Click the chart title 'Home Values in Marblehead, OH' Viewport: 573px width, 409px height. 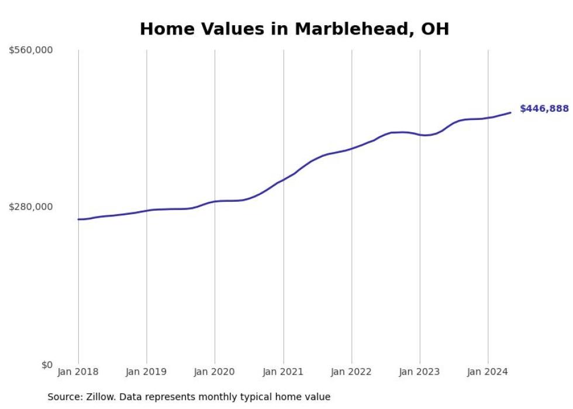click(294, 29)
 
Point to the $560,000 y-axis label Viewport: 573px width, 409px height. click(31, 50)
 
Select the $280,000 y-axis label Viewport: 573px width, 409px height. click(31, 207)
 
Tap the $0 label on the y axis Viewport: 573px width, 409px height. click(47, 365)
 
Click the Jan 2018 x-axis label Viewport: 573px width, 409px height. click(78, 372)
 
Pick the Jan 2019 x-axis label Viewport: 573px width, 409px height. click(147, 372)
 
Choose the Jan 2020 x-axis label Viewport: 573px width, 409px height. click(215, 372)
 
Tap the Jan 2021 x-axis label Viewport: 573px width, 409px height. click(284, 372)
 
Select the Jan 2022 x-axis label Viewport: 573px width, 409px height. click(351, 372)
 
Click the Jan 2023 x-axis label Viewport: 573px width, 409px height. click(420, 372)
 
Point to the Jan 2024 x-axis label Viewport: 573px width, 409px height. click(488, 372)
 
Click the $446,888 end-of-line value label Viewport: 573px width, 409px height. click(544, 109)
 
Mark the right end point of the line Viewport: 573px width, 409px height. click(510, 112)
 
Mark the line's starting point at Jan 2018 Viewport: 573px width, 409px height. click(78, 219)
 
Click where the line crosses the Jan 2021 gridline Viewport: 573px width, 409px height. click(284, 180)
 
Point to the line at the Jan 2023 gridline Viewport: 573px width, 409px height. click(420, 135)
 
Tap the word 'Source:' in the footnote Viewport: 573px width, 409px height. click(64, 397)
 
